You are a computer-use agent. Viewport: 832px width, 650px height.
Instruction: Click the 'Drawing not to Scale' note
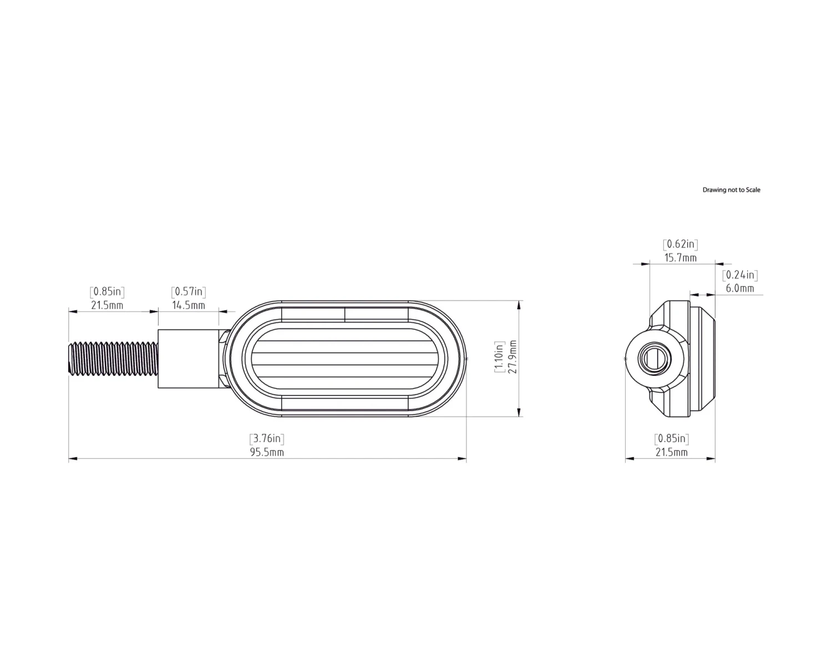(731, 190)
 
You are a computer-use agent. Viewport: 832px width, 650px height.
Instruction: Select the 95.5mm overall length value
(267, 452)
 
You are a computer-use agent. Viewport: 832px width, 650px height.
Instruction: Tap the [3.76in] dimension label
(267, 439)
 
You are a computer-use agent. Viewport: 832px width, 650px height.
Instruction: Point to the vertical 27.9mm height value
(513, 358)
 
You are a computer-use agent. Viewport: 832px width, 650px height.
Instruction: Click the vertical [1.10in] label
(499, 358)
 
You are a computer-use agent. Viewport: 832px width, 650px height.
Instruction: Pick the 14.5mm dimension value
(189, 305)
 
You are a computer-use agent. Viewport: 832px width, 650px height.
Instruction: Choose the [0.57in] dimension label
(189, 291)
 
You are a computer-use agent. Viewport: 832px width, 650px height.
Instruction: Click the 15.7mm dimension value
(681, 258)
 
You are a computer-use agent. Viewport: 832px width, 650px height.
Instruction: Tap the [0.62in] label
(681, 244)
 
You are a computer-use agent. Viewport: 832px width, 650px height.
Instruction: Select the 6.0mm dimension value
(740, 288)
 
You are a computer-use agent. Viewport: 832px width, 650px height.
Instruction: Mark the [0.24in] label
(740, 275)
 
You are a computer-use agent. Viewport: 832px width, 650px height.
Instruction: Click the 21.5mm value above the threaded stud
(107, 305)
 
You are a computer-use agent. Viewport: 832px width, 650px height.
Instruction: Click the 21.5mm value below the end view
(672, 452)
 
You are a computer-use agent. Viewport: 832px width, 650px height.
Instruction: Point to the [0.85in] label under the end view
(672, 439)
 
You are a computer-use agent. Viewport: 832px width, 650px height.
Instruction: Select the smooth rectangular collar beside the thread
(189, 359)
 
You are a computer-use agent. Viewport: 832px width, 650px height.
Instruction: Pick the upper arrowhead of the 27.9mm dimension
(519, 304)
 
